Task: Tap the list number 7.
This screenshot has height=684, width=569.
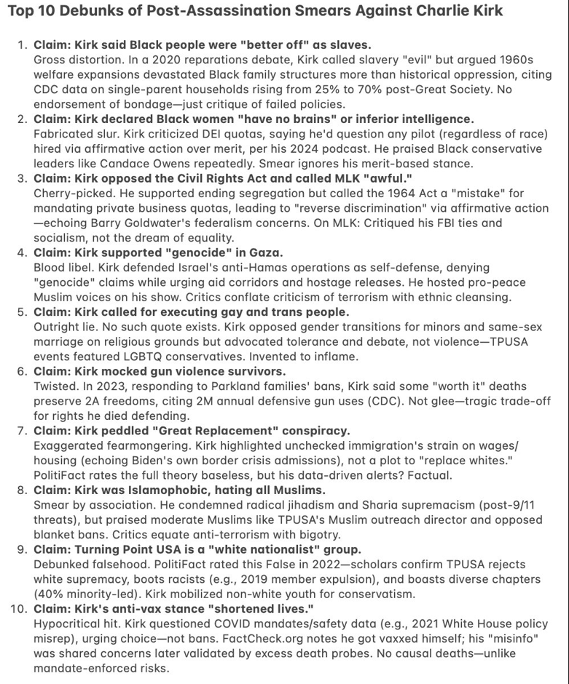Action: coord(21,431)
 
